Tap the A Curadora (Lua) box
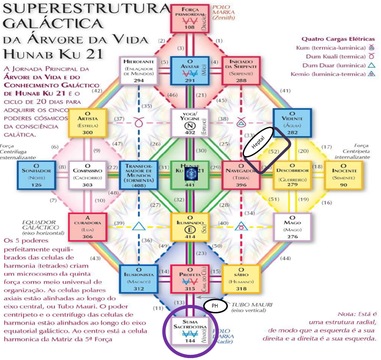point(88,226)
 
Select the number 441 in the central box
point(190,185)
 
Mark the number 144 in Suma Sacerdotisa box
point(190,340)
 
